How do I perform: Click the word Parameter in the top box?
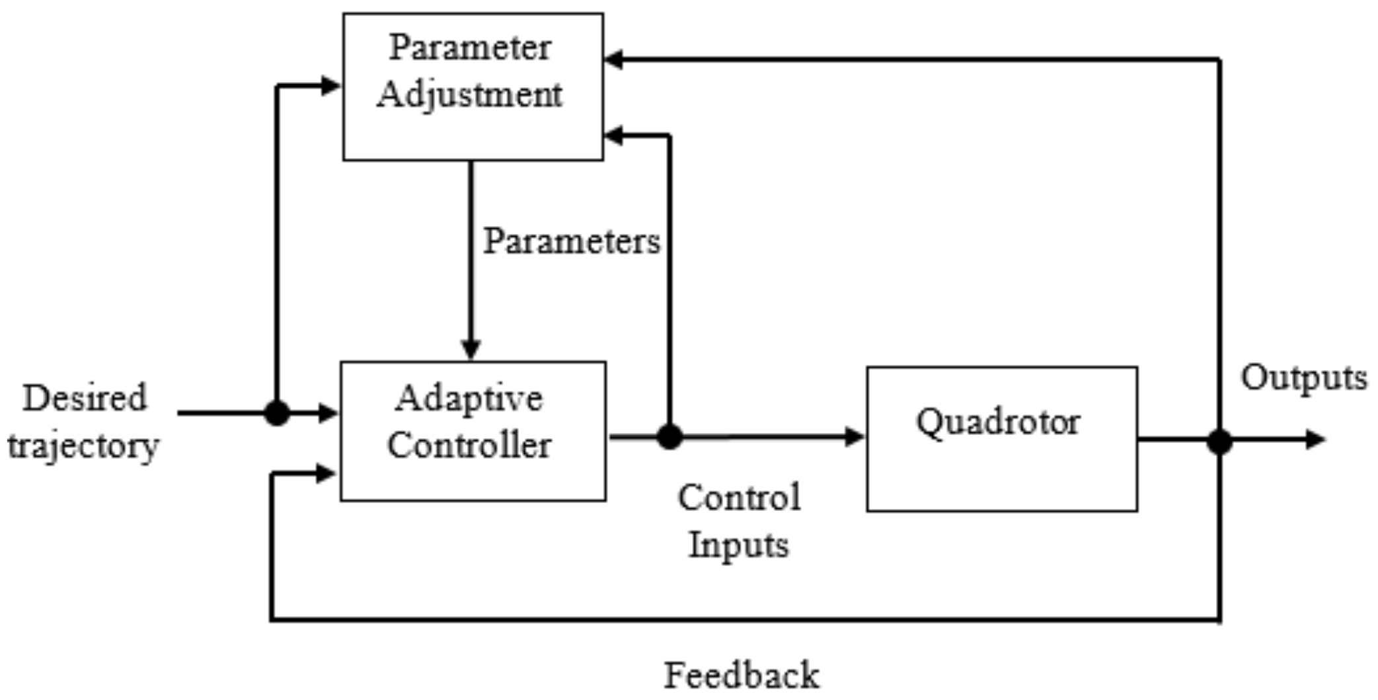[470, 48]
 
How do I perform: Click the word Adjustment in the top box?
[470, 95]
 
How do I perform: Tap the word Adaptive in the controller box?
[469, 399]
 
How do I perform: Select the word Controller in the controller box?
[469, 445]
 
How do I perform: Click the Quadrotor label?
[998, 422]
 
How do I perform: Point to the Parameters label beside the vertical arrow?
[572, 241]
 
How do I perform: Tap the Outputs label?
[1303, 379]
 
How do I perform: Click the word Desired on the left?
[85, 399]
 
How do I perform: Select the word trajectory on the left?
[83, 446]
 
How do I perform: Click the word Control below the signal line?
[739, 498]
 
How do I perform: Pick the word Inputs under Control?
[738, 545]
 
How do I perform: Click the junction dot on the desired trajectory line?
[277, 413]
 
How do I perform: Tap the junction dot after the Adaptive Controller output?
[670, 437]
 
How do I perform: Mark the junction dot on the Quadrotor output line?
[1219, 440]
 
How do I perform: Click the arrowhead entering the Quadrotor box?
[855, 436]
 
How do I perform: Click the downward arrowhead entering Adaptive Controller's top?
[471, 348]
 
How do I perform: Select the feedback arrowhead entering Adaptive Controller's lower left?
[326, 473]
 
